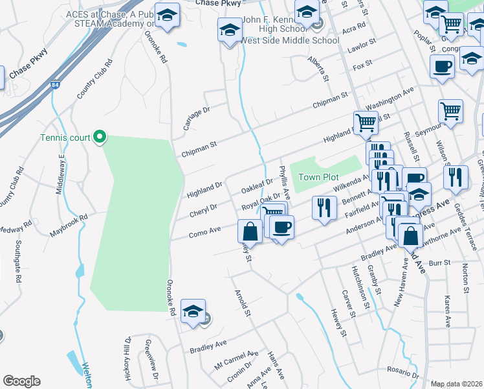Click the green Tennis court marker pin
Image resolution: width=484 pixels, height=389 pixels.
click(100, 136)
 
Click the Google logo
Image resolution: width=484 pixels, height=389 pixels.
click(21, 381)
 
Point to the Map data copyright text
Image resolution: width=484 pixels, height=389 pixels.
click(456, 384)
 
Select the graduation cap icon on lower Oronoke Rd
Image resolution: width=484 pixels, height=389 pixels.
click(193, 311)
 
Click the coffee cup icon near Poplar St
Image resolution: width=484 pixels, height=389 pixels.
click(443, 65)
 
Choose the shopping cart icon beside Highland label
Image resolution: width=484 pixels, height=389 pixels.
click(366, 122)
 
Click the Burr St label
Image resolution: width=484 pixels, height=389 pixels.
click(439, 263)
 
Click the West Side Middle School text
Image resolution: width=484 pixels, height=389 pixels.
click(290, 40)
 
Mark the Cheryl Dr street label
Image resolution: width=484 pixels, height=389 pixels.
click(203, 211)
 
